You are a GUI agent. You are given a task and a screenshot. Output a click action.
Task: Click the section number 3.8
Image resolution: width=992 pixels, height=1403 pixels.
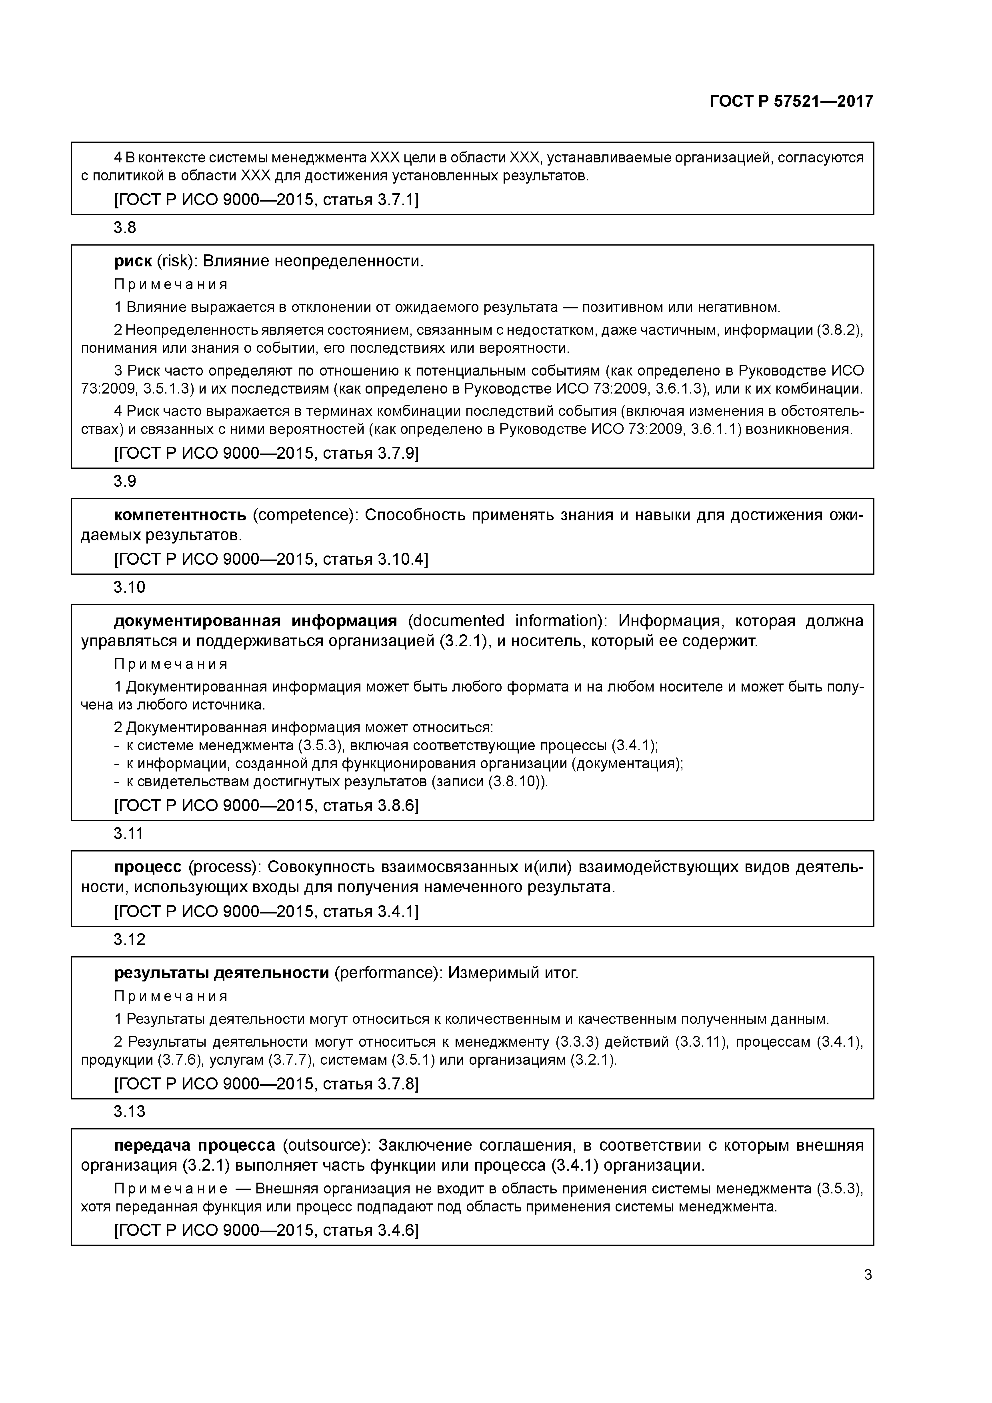125,228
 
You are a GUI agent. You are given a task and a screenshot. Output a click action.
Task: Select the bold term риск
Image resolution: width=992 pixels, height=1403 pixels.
133,262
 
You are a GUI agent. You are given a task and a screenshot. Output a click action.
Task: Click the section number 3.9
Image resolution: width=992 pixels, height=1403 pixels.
125,482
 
